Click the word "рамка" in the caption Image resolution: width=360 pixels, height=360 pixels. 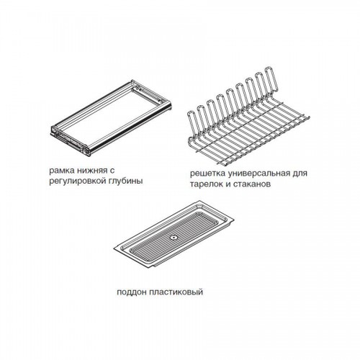[60, 171]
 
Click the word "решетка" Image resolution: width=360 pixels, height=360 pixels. [207, 174]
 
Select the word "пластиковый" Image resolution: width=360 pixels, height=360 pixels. [176, 292]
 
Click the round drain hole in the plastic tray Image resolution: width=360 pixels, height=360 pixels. [174, 238]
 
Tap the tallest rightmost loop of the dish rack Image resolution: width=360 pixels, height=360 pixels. [271, 79]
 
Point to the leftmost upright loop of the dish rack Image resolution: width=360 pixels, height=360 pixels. [193, 124]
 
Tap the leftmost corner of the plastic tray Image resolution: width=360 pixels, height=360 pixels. [114, 250]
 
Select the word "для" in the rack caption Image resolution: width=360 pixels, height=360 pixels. [300, 174]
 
